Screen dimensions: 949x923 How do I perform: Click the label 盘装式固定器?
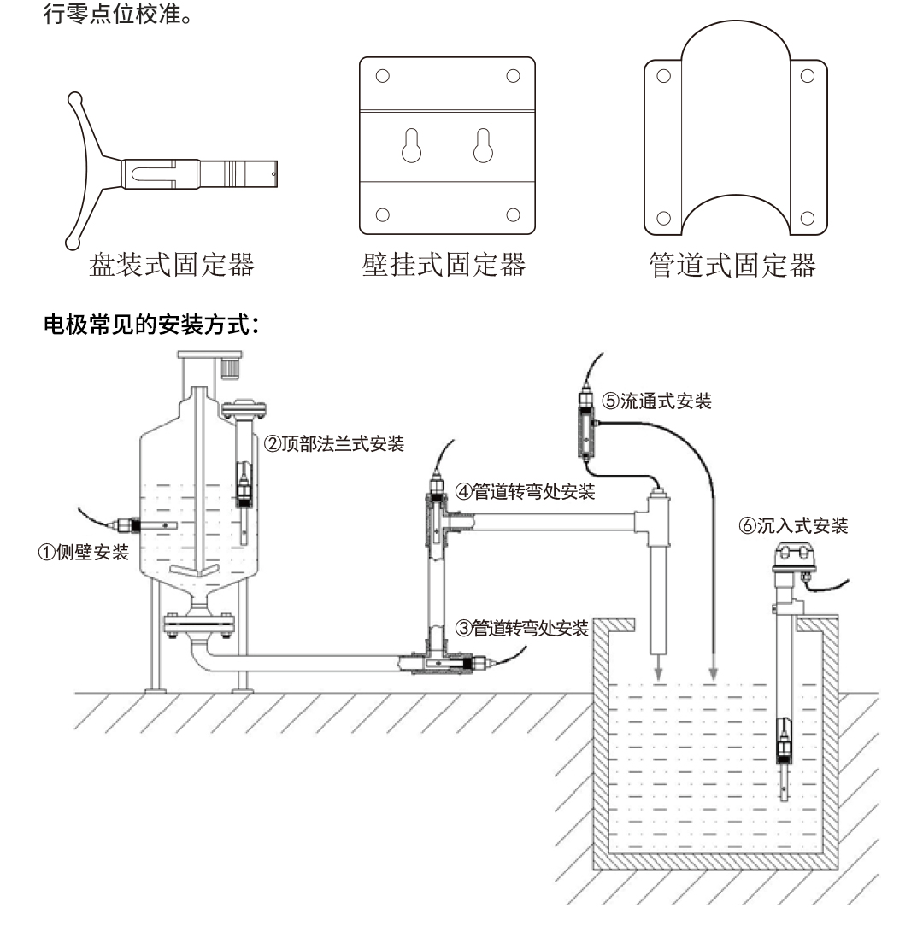pyautogui.click(x=171, y=266)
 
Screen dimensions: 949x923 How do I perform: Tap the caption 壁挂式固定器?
pyautogui.click(x=442, y=266)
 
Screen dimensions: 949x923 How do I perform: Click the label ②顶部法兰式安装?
pyautogui.click(x=333, y=443)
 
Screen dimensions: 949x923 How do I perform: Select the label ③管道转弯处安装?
pyautogui.click(x=521, y=629)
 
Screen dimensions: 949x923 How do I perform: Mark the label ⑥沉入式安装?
pyautogui.click(x=794, y=526)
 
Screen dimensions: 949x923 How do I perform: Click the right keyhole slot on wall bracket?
pyautogui.click(x=484, y=147)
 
